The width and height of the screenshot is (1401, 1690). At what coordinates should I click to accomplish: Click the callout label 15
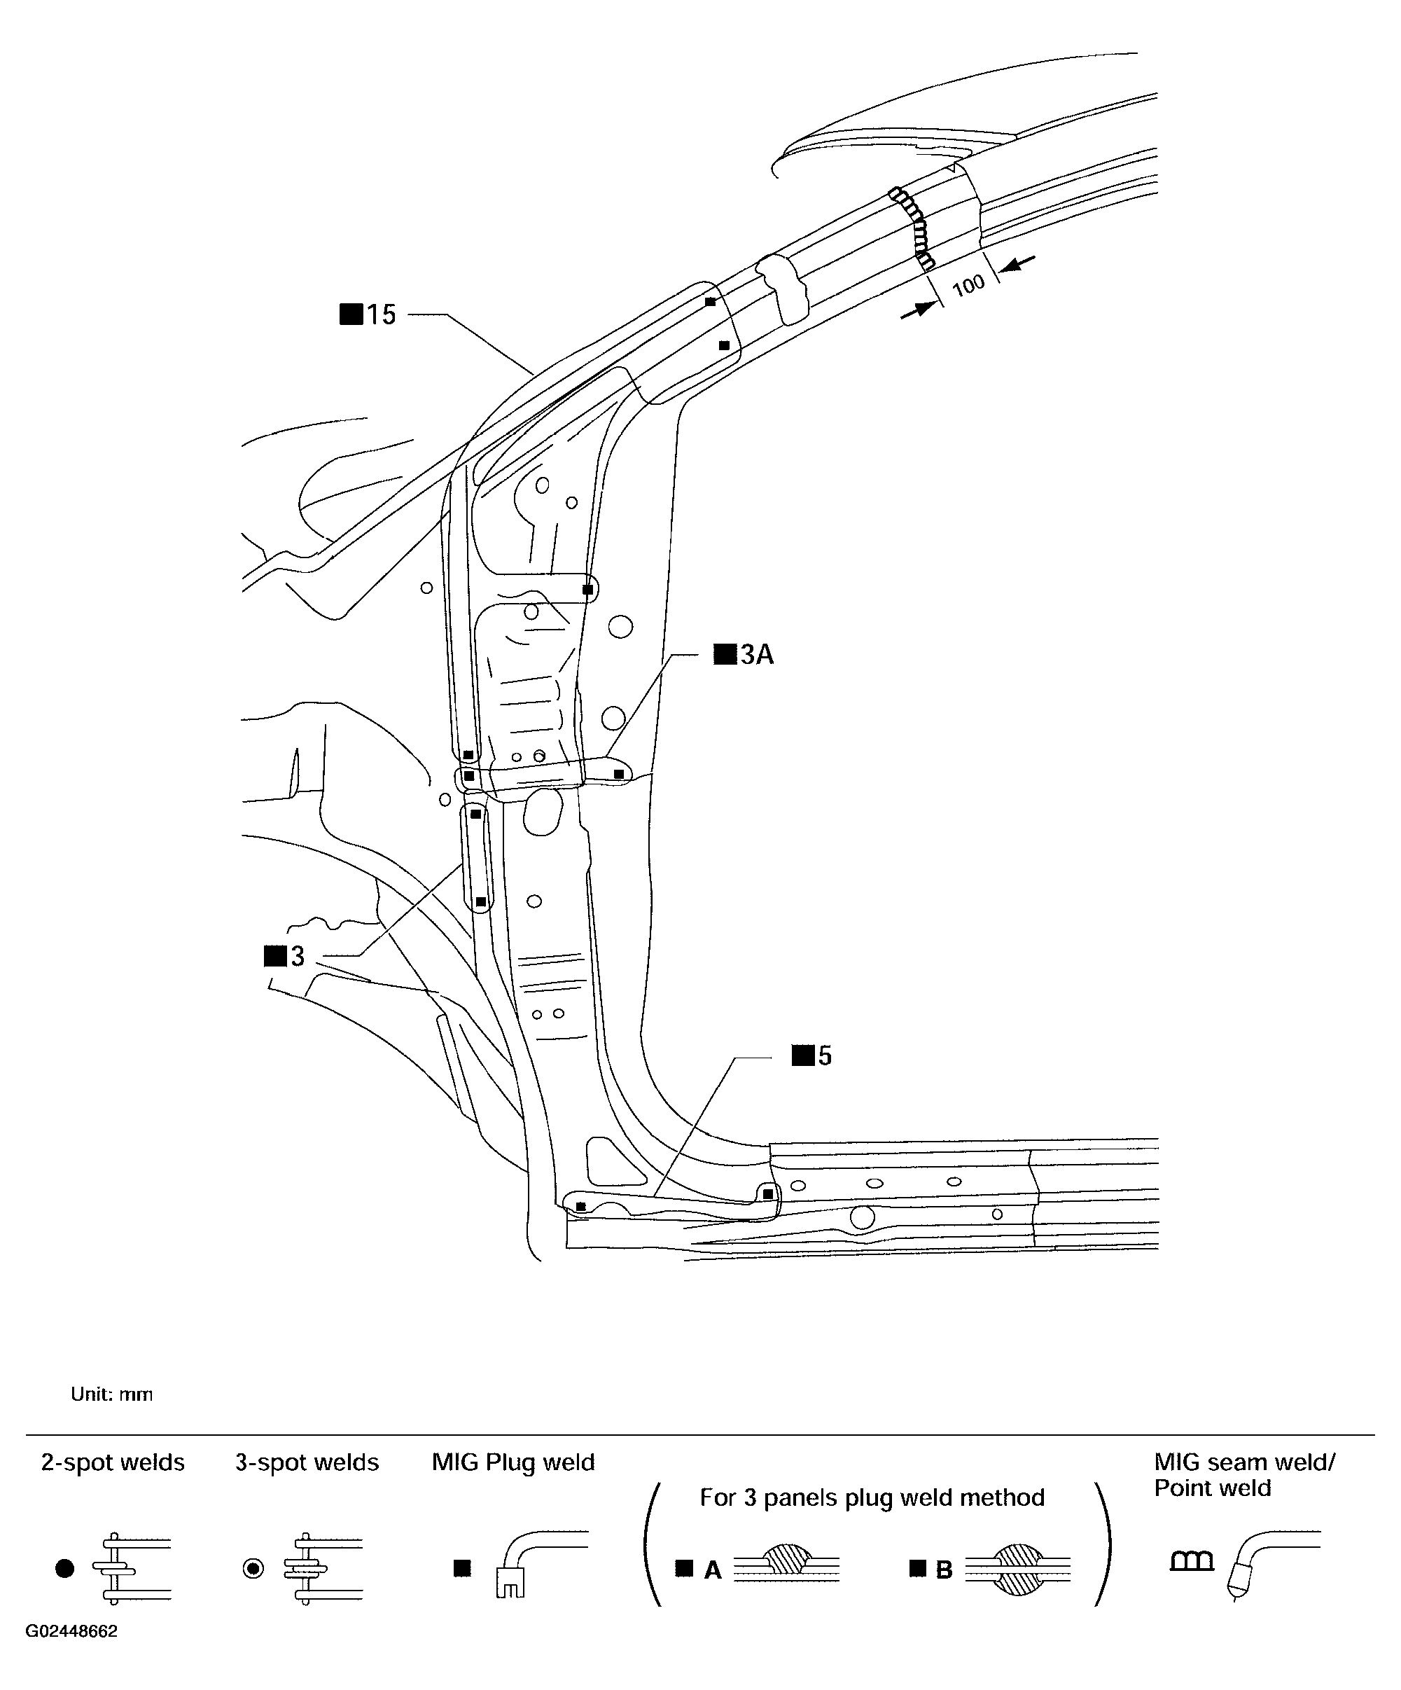click(370, 314)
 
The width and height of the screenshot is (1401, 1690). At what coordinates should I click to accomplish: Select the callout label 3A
click(745, 655)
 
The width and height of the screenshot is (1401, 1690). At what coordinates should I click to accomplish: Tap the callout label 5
click(813, 1056)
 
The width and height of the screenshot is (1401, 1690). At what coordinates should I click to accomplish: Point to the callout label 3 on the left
click(286, 956)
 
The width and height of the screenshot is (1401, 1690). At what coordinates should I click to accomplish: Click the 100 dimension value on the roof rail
click(969, 285)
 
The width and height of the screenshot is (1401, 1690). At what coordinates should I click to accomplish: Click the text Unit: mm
click(111, 1394)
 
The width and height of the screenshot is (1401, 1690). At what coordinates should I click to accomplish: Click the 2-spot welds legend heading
click(113, 1462)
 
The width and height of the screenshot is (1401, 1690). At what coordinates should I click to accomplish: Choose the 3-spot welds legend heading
click(307, 1462)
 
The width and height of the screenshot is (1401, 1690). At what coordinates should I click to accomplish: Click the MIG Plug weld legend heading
click(513, 1462)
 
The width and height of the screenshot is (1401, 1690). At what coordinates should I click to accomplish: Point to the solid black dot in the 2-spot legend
click(65, 1568)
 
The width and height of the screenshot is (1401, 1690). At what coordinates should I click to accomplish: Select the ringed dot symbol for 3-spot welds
click(253, 1568)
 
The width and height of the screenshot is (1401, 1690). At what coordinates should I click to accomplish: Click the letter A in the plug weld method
click(712, 1570)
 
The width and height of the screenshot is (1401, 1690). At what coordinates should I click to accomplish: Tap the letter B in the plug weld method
click(944, 1570)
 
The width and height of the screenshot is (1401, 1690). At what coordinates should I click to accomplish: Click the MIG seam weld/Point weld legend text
click(1243, 1474)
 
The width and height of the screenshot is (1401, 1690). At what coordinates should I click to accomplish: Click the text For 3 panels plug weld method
click(872, 1497)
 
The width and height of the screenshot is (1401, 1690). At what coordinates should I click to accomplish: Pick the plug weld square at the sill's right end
click(767, 1194)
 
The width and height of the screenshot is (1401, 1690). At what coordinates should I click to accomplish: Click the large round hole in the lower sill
click(862, 1218)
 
